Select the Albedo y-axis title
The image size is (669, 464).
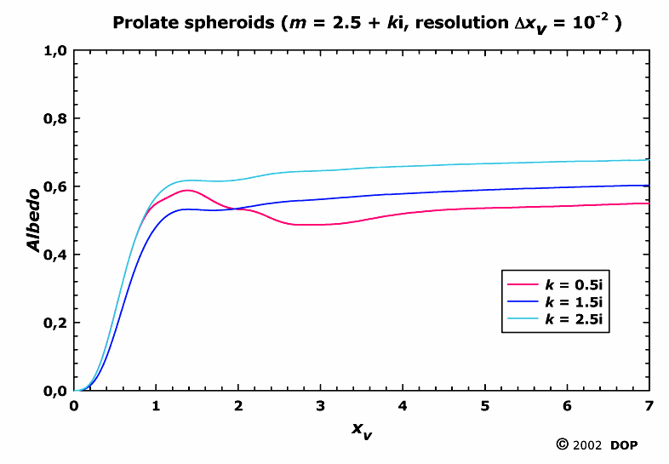point(35,220)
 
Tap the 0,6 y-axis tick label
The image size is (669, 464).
point(54,186)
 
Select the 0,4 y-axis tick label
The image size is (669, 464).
point(54,255)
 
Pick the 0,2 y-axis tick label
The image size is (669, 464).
point(54,323)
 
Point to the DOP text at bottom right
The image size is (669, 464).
point(625,445)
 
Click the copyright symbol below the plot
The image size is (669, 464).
point(563,444)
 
